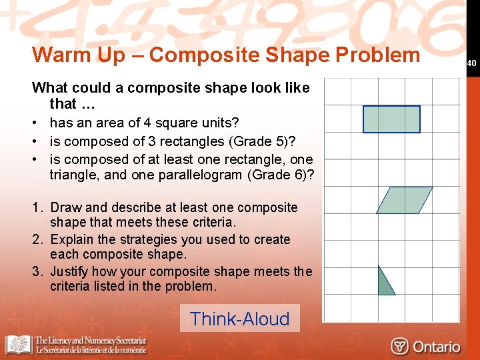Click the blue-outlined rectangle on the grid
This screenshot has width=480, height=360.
[x=391, y=119]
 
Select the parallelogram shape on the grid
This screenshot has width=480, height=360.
[x=404, y=200]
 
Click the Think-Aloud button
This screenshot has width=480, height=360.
[x=239, y=319]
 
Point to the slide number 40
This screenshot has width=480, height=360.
[x=471, y=63]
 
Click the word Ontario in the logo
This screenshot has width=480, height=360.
[x=436, y=347]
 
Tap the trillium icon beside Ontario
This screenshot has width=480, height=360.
[x=400, y=347]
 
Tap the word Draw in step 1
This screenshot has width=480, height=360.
[x=65, y=207]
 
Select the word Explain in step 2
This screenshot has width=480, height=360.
[x=71, y=239]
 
